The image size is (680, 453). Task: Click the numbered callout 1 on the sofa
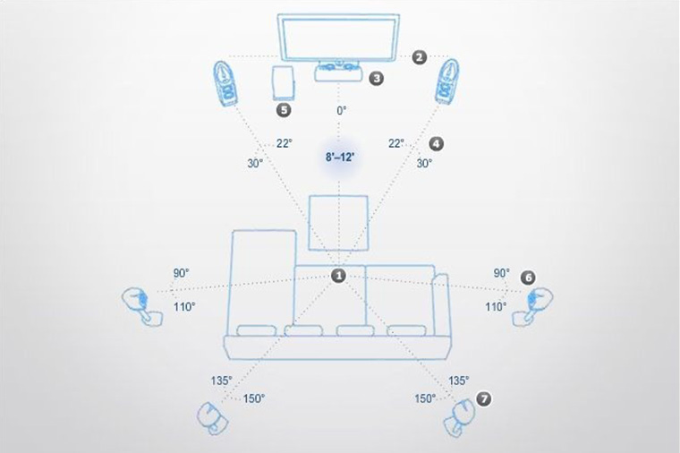[338, 275]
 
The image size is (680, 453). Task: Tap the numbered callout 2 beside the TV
[419, 56]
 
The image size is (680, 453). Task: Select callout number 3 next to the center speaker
[377, 78]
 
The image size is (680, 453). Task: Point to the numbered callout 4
[436, 143]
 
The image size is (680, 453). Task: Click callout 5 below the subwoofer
[284, 110]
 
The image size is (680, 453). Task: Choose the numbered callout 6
[528, 278]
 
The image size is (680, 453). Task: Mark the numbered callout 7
[484, 398]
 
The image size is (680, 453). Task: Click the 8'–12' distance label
[340, 157]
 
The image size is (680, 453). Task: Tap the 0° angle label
[341, 111]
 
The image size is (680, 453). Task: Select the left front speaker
[225, 83]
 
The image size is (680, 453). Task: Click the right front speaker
[447, 82]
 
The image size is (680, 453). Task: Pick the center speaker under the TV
[339, 71]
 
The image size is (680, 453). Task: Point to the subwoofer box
[283, 83]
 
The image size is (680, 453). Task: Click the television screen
[338, 38]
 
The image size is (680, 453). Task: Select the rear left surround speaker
[213, 418]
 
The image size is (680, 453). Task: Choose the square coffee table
[338, 223]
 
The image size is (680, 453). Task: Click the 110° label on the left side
[184, 307]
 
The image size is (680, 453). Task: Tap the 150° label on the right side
[425, 398]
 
